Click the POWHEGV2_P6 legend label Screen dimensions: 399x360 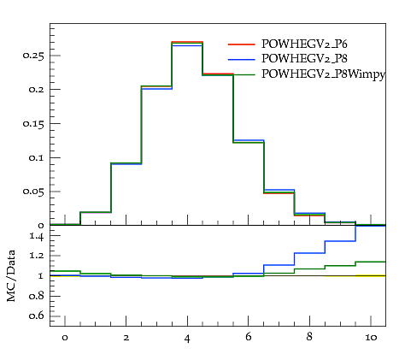point(304,44)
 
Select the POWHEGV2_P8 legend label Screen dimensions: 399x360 point(304,58)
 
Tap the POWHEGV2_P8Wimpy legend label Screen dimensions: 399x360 point(323,74)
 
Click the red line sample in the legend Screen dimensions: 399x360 point(241,44)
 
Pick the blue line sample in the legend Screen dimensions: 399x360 point(241,59)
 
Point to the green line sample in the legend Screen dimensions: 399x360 point(241,74)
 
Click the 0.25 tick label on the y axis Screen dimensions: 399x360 point(33,56)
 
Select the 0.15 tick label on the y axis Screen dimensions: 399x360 point(33,124)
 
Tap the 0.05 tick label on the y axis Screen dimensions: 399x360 point(33,192)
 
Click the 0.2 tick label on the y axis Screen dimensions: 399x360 point(37,90)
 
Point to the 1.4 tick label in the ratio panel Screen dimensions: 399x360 point(37,236)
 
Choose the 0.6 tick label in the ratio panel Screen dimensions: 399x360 point(37,316)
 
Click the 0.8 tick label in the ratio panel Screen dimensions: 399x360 point(37,296)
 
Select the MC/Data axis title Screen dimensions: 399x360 point(11,275)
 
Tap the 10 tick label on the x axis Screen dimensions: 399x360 point(371,338)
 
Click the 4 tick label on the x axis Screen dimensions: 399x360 point(187,339)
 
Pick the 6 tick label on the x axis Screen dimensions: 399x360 point(249,337)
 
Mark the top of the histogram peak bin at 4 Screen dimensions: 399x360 point(187,42)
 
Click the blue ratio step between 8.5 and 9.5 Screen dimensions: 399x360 point(340,241)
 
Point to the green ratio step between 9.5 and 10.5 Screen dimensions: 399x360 point(371,262)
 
